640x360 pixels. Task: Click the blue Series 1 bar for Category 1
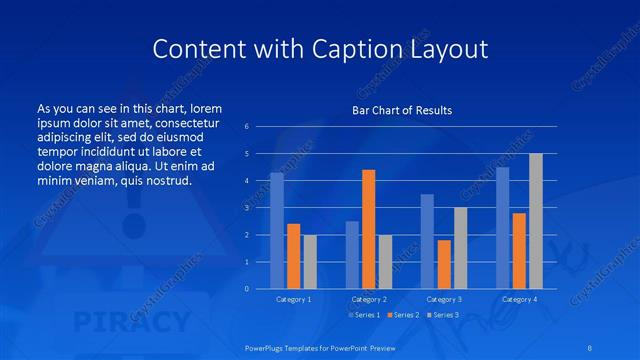click(x=277, y=231)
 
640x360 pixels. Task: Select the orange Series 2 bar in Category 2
click(x=368, y=229)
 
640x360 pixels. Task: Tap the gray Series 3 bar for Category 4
click(x=535, y=221)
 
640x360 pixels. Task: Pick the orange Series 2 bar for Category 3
click(x=444, y=264)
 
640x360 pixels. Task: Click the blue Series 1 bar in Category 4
click(x=502, y=228)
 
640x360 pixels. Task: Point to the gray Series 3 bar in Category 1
click(x=310, y=262)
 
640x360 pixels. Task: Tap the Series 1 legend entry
click(x=363, y=315)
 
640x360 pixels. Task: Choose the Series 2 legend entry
click(x=402, y=315)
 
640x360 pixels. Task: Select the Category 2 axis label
click(x=368, y=299)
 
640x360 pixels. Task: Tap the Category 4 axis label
click(x=518, y=299)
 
